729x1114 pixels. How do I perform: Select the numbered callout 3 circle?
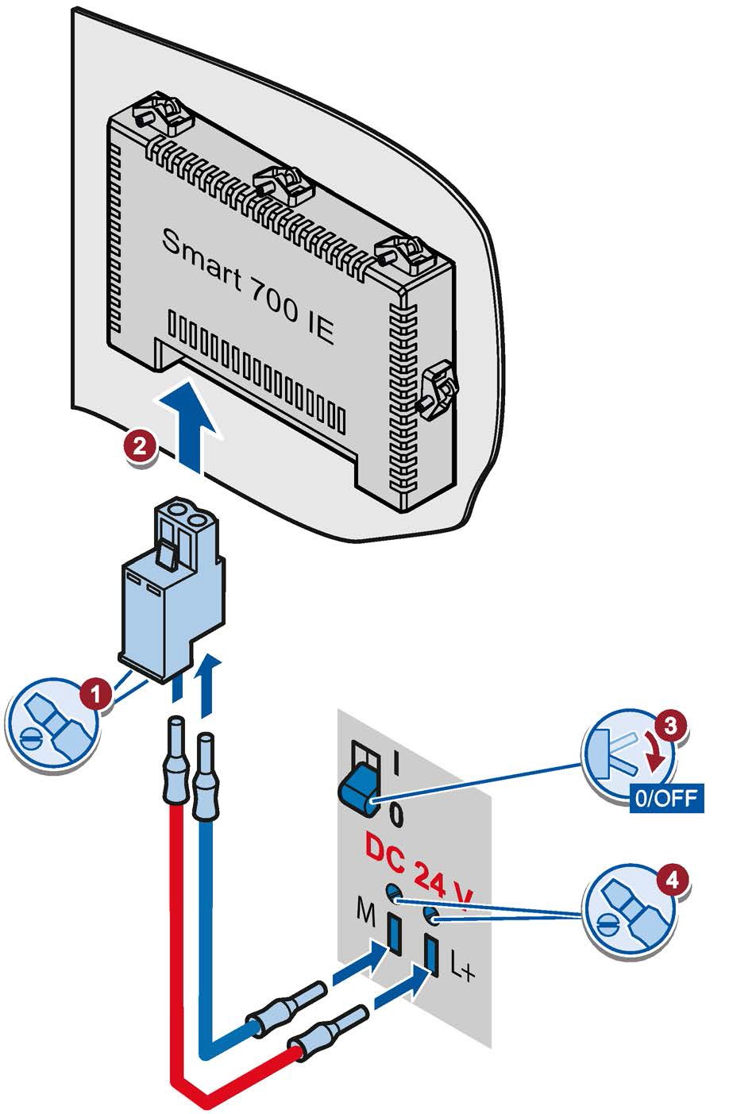(670, 724)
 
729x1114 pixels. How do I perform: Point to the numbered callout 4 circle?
(672, 878)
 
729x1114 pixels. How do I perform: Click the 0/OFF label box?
(666, 796)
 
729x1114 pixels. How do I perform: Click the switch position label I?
(395, 765)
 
